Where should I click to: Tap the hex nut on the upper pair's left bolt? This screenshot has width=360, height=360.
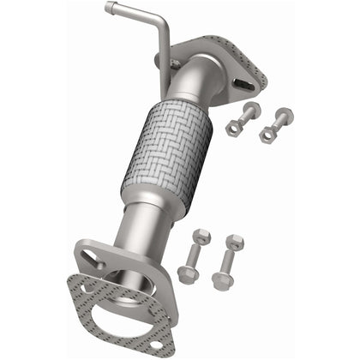[233, 127]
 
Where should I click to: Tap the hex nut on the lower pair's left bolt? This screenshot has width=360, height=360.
[187, 273]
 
